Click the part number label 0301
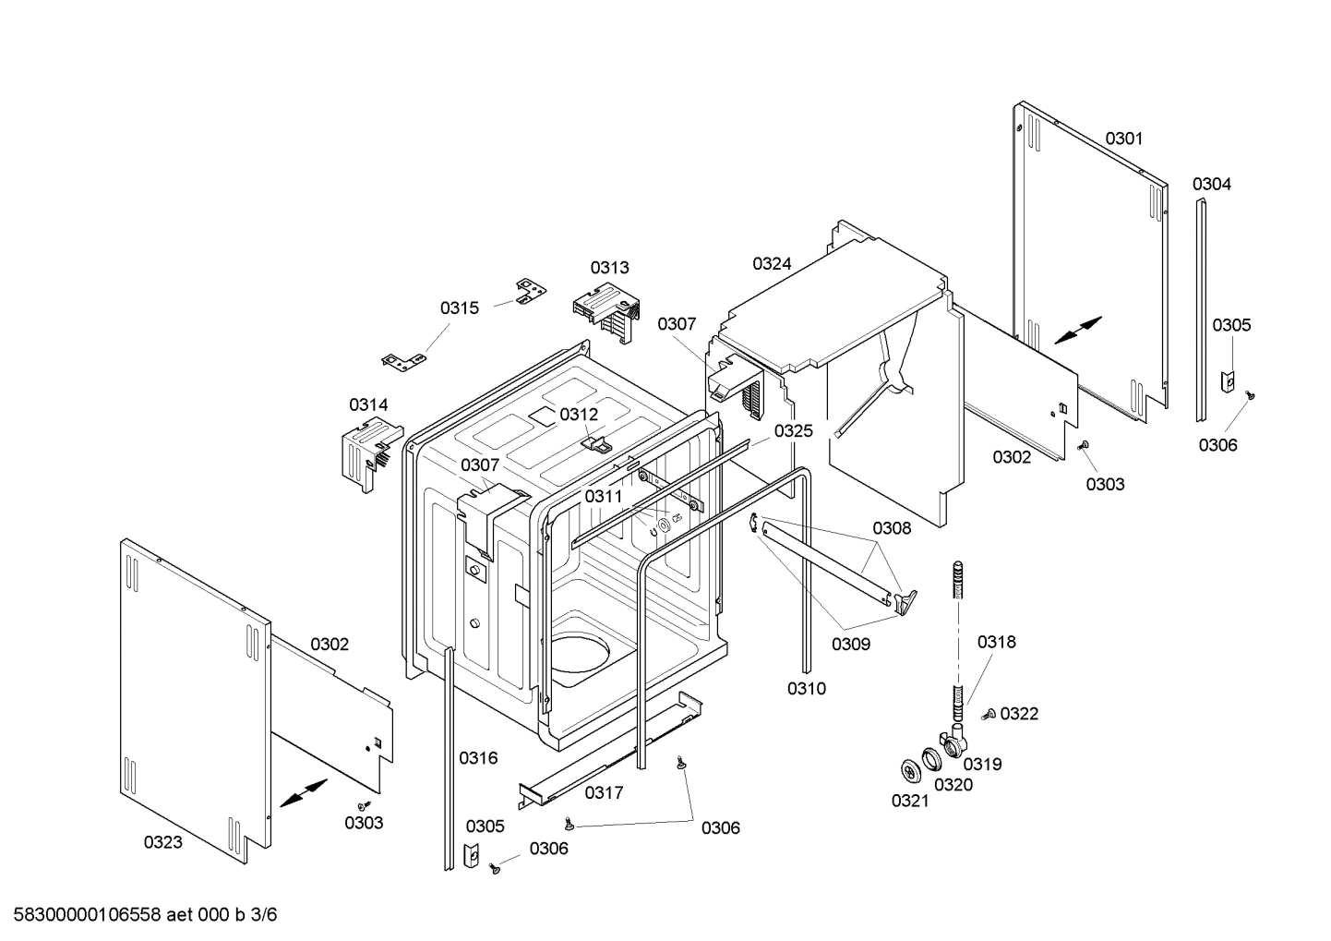(x=1123, y=139)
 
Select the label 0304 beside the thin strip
(x=1211, y=184)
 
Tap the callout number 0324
(x=772, y=263)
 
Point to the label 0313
(x=609, y=267)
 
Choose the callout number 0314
(x=368, y=404)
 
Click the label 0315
(x=459, y=308)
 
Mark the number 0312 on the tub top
(x=579, y=415)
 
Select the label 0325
(x=793, y=430)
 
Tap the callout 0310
(x=806, y=688)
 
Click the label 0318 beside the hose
(x=996, y=642)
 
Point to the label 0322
(x=1019, y=713)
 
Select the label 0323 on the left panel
(x=162, y=841)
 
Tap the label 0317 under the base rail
(x=604, y=792)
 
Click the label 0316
(x=478, y=758)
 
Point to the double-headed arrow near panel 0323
(x=303, y=792)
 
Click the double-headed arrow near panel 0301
(x=1077, y=330)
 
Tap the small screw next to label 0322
(x=989, y=714)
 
